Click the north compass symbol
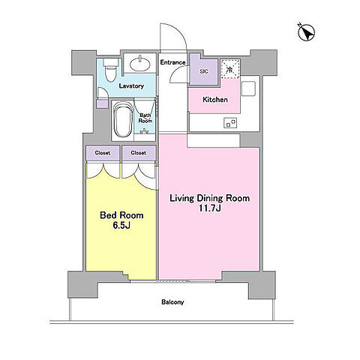pyautogui.click(x=307, y=33)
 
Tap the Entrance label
pyautogui.click(x=172, y=62)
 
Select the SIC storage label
pyautogui.click(x=204, y=71)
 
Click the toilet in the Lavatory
pyautogui.click(x=110, y=70)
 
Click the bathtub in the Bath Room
pyautogui.click(x=122, y=119)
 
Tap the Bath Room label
pyautogui.click(x=145, y=118)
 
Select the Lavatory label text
pyautogui.click(x=131, y=86)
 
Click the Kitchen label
pyautogui.click(x=215, y=100)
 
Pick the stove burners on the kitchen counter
pyautogui.click(x=230, y=123)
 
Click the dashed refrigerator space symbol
pyautogui.click(x=230, y=69)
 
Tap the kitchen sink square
pyautogui.click(x=248, y=88)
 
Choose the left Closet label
pyautogui.click(x=103, y=153)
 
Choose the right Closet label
pyautogui.click(x=139, y=153)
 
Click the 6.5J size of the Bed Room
pyautogui.click(x=121, y=226)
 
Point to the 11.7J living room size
pyautogui.click(x=209, y=208)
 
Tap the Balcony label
pyautogui.click(x=172, y=302)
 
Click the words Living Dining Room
pyautogui.click(x=210, y=198)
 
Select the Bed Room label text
pyautogui.click(x=121, y=215)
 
